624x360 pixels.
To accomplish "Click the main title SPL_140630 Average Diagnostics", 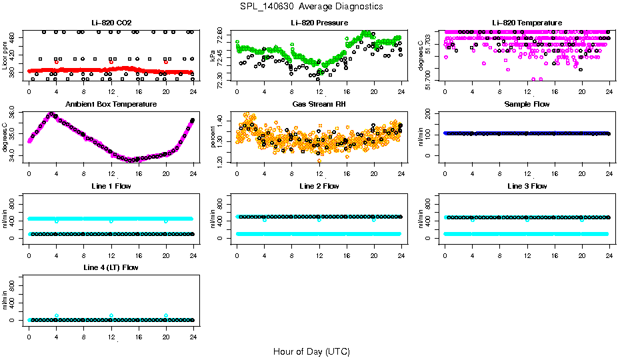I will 311,6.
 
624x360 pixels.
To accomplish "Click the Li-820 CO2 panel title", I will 111,23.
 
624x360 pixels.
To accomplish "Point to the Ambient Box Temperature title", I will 111,105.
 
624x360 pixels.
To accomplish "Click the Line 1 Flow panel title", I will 111,186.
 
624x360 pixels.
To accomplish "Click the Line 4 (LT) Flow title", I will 111,267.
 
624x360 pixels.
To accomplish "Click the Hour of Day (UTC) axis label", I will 311,351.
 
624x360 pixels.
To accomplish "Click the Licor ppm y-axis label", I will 6,56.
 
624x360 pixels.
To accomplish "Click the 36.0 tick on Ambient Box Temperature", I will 15,114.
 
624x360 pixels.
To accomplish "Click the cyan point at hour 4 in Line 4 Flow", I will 57,315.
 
